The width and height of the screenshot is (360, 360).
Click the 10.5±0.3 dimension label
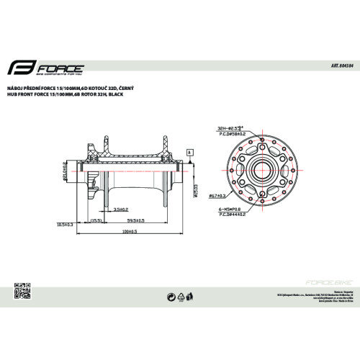pos(67,225)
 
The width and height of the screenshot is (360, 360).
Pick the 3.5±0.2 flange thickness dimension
pos(121,209)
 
